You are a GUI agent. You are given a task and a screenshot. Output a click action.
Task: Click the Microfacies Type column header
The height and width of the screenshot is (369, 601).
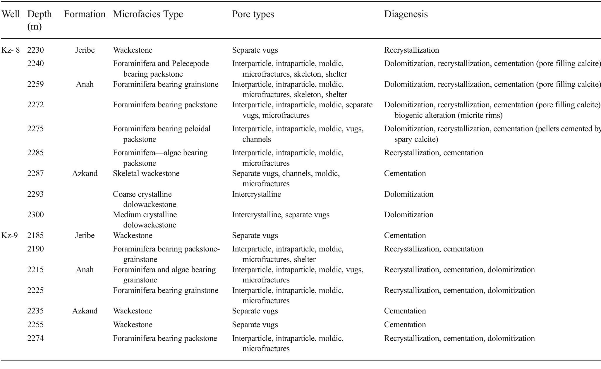(148, 14)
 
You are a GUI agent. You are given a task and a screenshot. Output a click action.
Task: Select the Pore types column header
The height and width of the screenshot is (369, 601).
(253, 14)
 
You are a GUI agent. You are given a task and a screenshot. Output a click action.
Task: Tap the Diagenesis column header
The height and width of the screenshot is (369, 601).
(406, 14)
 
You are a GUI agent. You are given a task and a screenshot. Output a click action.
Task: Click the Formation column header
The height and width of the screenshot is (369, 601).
(85, 14)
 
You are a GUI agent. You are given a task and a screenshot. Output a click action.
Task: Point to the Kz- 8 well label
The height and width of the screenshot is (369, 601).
(11, 50)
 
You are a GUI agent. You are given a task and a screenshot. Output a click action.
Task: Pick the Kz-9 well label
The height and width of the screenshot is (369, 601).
(10, 235)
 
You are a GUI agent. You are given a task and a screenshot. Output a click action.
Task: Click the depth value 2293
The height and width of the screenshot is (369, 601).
(35, 194)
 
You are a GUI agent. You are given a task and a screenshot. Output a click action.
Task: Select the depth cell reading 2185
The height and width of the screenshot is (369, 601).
(35, 235)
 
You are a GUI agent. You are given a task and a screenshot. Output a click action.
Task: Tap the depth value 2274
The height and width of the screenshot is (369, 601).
(35, 338)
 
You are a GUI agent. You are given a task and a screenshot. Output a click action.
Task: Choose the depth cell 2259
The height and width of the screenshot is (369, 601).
(35, 85)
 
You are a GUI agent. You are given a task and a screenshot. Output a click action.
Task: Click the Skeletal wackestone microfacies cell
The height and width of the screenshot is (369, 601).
(146, 173)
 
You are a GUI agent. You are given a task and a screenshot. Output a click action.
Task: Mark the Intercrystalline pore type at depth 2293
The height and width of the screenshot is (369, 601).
(256, 194)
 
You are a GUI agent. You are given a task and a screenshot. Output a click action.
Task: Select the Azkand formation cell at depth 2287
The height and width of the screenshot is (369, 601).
(85, 173)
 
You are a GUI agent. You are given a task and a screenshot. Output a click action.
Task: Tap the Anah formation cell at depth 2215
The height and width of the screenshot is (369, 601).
(85, 270)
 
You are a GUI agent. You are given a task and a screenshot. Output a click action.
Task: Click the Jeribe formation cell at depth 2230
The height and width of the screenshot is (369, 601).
(85, 50)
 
